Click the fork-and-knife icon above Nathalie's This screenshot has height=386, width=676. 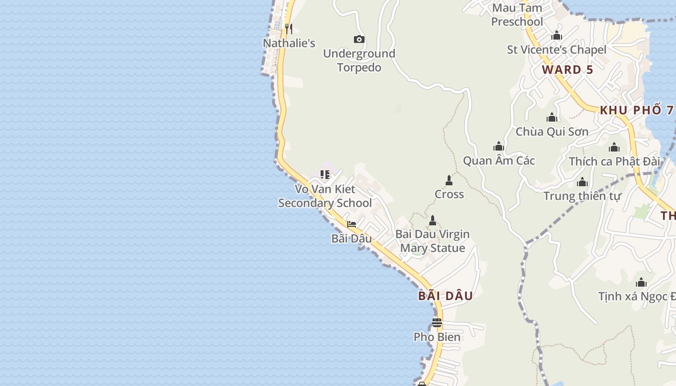click(x=288, y=28)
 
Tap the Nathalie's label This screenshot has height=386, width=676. click(x=289, y=43)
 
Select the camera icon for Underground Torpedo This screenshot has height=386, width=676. click(x=359, y=39)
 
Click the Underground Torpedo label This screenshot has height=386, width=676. click(x=359, y=61)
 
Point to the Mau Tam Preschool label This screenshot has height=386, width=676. click(x=517, y=15)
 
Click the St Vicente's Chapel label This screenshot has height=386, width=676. click(x=556, y=50)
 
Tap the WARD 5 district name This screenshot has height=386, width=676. click(x=567, y=69)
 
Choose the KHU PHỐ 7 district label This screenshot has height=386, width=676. click(x=636, y=110)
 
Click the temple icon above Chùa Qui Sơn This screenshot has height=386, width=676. click(x=552, y=117)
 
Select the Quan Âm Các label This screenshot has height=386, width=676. click(x=499, y=161)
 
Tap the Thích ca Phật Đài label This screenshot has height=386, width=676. click(x=614, y=161)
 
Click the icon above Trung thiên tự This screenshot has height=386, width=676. click(x=582, y=182)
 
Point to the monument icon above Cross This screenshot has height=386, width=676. click(x=449, y=180)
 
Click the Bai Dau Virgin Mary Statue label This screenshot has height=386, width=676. click(x=433, y=241)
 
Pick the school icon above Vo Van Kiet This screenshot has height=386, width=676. click(x=325, y=174)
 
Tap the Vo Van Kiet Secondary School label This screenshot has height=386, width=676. click(x=325, y=196)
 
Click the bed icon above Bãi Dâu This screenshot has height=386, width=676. click(x=352, y=224)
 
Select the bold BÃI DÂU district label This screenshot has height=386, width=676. click(x=445, y=296)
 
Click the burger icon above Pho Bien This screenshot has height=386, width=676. click(x=437, y=322)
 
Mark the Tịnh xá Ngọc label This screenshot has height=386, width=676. click(x=636, y=296)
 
